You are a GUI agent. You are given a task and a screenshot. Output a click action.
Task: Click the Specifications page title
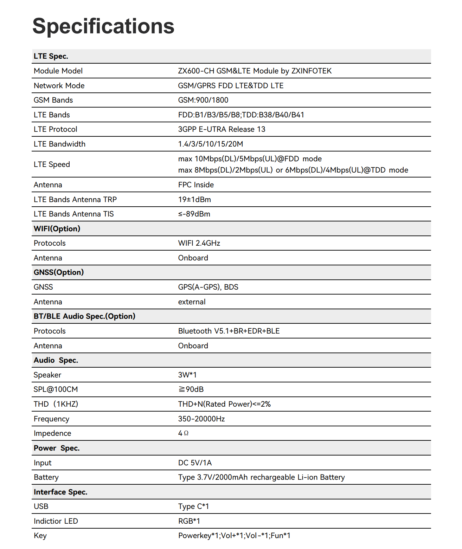click(x=103, y=26)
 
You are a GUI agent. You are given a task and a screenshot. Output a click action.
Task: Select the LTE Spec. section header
click(x=51, y=56)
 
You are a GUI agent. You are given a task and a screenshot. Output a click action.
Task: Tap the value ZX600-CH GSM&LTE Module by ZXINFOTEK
click(x=255, y=71)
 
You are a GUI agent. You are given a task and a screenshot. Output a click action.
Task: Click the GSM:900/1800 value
click(x=203, y=100)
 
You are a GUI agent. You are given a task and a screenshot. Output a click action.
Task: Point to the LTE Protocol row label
click(x=56, y=129)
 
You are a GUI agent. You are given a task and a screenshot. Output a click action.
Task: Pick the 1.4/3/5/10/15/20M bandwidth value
click(x=211, y=144)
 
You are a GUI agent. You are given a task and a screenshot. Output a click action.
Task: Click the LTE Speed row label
click(x=52, y=164)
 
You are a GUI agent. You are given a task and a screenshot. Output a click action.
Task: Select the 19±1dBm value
click(x=194, y=200)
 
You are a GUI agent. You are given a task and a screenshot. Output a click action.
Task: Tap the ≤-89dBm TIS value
click(x=194, y=214)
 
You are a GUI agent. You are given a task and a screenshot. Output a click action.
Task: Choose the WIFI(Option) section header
click(x=57, y=229)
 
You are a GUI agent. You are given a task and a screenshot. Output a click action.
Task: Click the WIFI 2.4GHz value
click(x=199, y=243)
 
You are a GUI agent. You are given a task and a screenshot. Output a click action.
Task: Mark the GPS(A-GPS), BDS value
click(x=208, y=287)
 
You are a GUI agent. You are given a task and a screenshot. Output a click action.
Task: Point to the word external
click(x=192, y=302)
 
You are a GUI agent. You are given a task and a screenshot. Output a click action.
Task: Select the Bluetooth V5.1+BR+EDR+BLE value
click(x=229, y=331)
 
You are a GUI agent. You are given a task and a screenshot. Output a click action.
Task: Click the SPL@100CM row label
click(x=56, y=389)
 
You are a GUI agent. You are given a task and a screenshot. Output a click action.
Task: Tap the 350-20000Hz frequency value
click(x=201, y=419)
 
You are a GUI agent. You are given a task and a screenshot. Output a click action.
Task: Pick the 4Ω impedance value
click(x=183, y=433)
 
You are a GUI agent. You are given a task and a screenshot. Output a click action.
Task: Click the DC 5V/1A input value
click(x=195, y=463)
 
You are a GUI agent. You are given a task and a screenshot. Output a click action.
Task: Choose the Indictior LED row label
click(x=56, y=521)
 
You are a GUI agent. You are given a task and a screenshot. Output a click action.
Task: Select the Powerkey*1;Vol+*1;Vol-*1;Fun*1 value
click(x=234, y=536)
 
